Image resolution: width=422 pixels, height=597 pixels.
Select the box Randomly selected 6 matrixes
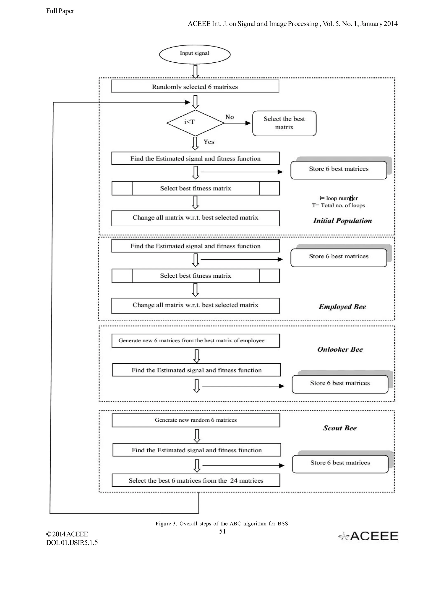tap(195, 86)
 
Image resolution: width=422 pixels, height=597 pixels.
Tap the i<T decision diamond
tap(195, 123)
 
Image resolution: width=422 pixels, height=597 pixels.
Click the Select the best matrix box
tap(284, 123)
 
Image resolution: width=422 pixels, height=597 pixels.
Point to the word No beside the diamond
tap(229, 117)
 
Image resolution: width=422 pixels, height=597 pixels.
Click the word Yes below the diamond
tap(209, 142)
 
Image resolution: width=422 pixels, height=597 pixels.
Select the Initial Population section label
tap(342, 221)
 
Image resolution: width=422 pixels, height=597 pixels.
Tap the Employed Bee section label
tap(342, 307)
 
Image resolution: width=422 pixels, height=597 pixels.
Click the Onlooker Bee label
tap(340, 349)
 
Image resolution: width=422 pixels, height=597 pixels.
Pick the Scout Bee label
tap(340, 428)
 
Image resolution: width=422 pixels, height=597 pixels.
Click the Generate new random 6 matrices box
tap(196, 420)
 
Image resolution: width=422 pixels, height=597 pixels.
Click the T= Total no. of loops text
tap(338, 205)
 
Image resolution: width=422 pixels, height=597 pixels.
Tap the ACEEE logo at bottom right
tap(368, 536)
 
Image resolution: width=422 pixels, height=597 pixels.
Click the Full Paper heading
tap(60, 11)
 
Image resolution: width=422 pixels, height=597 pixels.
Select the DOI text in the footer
tap(72, 542)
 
